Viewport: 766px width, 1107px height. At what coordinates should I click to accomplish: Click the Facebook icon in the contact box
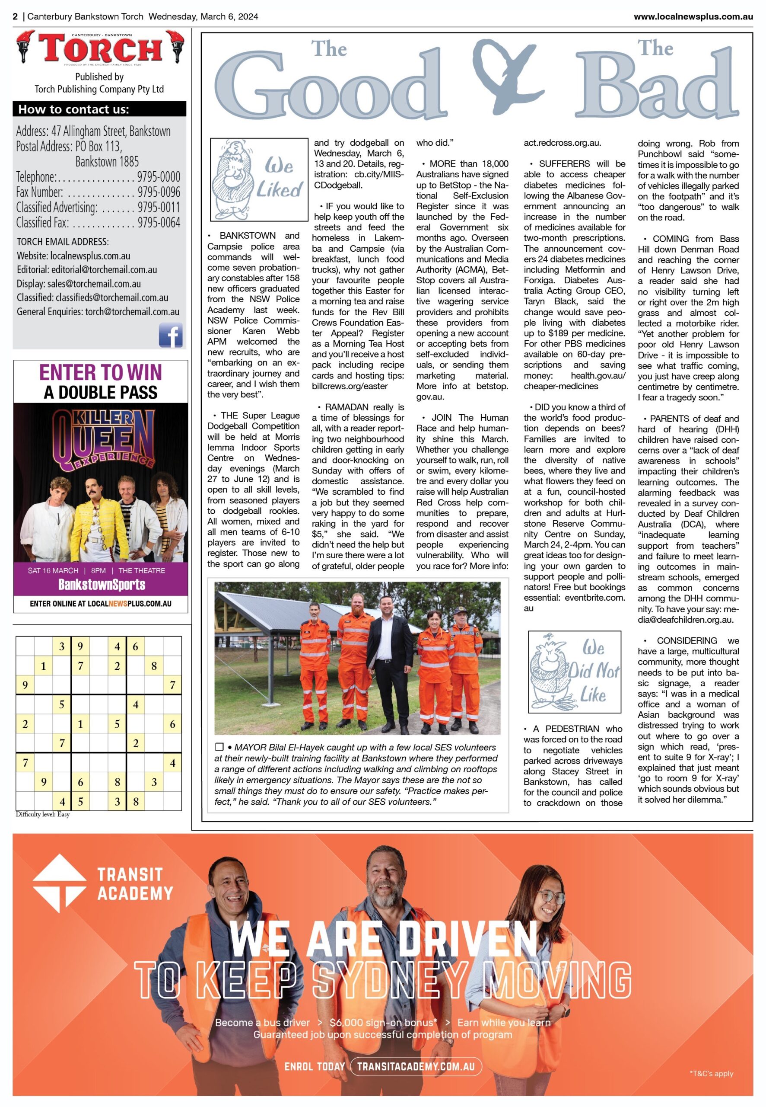pyautogui.click(x=170, y=335)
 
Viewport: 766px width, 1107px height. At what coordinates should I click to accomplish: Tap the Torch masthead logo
pyautogui.click(x=100, y=48)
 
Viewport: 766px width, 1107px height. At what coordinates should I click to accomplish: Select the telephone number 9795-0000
pyautogui.click(x=159, y=177)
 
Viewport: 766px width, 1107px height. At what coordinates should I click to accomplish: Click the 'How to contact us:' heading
pyautogui.click(x=73, y=109)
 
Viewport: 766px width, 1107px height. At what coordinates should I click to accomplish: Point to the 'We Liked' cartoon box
pyautogui.click(x=259, y=179)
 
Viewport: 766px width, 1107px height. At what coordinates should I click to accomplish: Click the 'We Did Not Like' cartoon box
pyautogui.click(x=575, y=672)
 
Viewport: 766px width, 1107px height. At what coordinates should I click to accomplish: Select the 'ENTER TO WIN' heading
pyautogui.click(x=100, y=373)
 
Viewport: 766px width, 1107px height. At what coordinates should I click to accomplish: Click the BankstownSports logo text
pyautogui.click(x=102, y=585)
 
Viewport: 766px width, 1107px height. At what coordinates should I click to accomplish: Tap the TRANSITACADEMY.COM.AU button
pyautogui.click(x=416, y=1067)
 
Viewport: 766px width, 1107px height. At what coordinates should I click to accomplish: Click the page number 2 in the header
pyautogui.click(x=16, y=16)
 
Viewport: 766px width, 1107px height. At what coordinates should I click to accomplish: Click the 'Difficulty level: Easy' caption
pyautogui.click(x=43, y=815)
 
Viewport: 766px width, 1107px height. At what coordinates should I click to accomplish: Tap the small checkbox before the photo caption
pyautogui.click(x=219, y=747)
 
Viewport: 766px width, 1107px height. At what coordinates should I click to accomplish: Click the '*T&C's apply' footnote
pyautogui.click(x=711, y=1074)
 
